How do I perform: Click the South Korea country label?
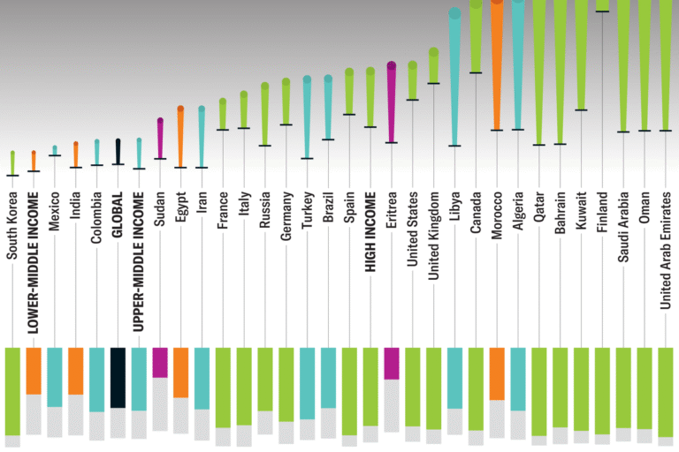[12, 232]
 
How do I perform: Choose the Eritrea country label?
[392, 231]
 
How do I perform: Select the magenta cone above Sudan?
[160, 138]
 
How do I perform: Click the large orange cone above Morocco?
[497, 62]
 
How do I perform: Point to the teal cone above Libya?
[454, 75]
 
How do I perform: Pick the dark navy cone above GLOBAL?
[118, 151]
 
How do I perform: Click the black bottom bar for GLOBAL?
[118, 377]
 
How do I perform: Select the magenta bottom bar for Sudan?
[160, 362]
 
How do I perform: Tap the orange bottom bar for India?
[76, 371]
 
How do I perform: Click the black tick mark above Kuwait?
[581, 110]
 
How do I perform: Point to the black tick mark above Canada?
[476, 72]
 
